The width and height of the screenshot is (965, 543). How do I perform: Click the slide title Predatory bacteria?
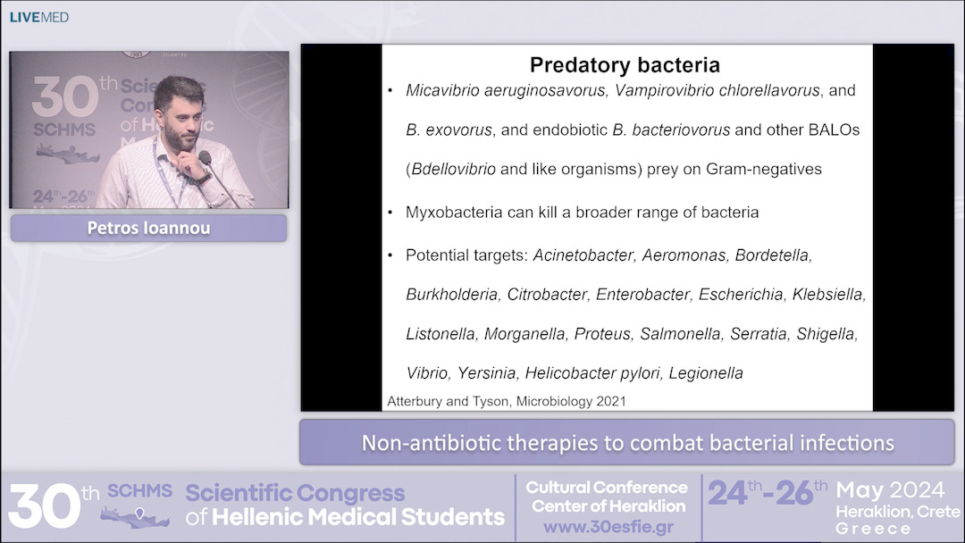[x=625, y=65]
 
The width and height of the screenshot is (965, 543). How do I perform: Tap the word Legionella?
[x=706, y=373]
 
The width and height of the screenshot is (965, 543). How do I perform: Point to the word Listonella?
[x=441, y=334]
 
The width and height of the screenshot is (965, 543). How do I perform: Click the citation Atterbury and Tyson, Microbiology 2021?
[x=506, y=402]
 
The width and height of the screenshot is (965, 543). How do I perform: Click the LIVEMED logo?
[x=38, y=17]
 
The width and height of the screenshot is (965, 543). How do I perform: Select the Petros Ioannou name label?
[x=148, y=228]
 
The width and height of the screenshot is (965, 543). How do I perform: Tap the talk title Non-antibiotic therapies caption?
[x=627, y=443]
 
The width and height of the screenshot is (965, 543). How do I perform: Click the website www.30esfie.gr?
[x=607, y=526]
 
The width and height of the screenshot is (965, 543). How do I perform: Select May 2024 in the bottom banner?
[x=890, y=490]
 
